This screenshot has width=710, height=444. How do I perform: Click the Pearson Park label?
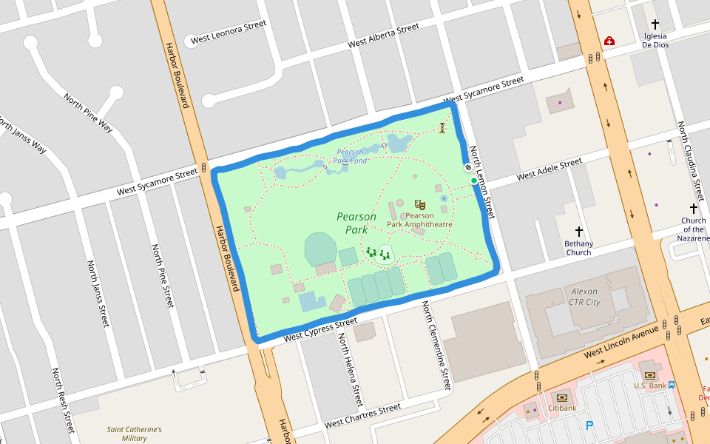pyautogui.click(x=356, y=223)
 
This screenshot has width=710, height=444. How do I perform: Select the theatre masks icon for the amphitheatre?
pyautogui.click(x=420, y=204)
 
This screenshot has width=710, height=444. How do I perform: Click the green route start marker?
pyautogui.click(x=474, y=181)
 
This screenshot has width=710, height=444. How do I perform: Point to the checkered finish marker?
pyautogui.click(x=468, y=168)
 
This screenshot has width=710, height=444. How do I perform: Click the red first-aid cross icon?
pyautogui.click(x=609, y=41)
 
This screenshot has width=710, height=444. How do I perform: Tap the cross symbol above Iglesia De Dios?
pyautogui.click(x=655, y=24)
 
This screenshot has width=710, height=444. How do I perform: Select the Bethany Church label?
pyautogui.click(x=578, y=248)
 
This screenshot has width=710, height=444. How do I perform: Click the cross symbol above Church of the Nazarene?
pyautogui.click(x=694, y=209)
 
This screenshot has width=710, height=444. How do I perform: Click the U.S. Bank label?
pyautogui.click(x=649, y=385)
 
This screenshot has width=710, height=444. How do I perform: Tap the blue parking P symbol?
pyautogui.click(x=589, y=425)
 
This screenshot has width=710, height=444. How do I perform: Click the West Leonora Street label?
pyautogui.click(x=228, y=33)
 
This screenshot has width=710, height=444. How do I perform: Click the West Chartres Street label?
pyautogui.click(x=362, y=416)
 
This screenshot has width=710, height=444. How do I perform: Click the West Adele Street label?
pyautogui.click(x=549, y=169)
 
